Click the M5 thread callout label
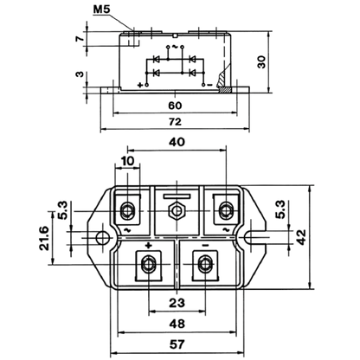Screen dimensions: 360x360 pyautogui.click(x=102, y=10)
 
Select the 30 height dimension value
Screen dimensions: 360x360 pyautogui.click(x=261, y=62)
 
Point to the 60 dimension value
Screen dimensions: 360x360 pyautogui.click(x=175, y=106)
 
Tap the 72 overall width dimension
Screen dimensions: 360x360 pyautogui.click(x=175, y=122)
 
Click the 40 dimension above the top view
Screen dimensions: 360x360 pyautogui.click(x=177, y=142)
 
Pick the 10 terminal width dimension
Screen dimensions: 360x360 pyautogui.click(x=127, y=161)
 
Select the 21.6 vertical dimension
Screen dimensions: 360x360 pyautogui.click(x=45, y=238)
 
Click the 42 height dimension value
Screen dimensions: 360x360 pyautogui.click(x=301, y=237)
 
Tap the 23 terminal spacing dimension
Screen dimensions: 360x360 pyautogui.click(x=177, y=303)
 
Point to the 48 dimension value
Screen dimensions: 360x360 pyautogui.click(x=177, y=324)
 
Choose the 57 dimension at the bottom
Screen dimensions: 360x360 pyautogui.click(x=177, y=344)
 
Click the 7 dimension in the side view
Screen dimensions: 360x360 pyautogui.click(x=80, y=38)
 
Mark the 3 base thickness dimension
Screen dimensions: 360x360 pyautogui.click(x=80, y=74)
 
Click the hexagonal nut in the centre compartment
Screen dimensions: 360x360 pyautogui.click(x=177, y=211)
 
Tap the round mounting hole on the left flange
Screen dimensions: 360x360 pyautogui.click(x=102, y=238)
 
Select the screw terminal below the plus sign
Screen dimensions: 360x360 pyautogui.click(x=149, y=264)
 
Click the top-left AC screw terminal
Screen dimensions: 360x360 pyautogui.click(x=127, y=210)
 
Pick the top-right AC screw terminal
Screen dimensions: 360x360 pyautogui.click(x=226, y=210)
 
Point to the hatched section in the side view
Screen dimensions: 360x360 pyautogui.click(x=223, y=83)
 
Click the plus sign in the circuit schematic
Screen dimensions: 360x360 pyautogui.click(x=140, y=85)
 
